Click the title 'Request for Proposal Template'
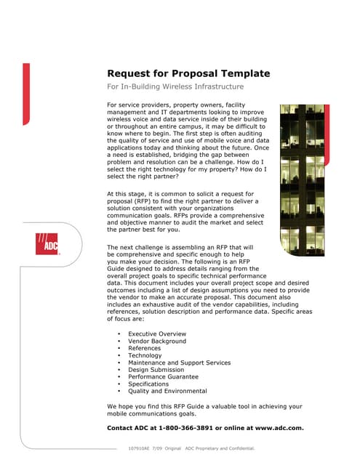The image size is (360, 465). click(x=188, y=73)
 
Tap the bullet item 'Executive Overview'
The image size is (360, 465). click(x=158, y=333)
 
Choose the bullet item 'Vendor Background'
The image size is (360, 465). click(x=157, y=341)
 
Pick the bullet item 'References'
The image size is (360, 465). click(x=145, y=348)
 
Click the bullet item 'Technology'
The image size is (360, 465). click(x=145, y=355)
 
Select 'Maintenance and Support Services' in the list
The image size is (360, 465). click(x=179, y=363)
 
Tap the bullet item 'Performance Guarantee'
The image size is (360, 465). click(x=163, y=377)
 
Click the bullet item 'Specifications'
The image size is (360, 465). click(x=148, y=384)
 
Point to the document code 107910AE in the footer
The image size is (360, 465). click(x=140, y=448)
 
